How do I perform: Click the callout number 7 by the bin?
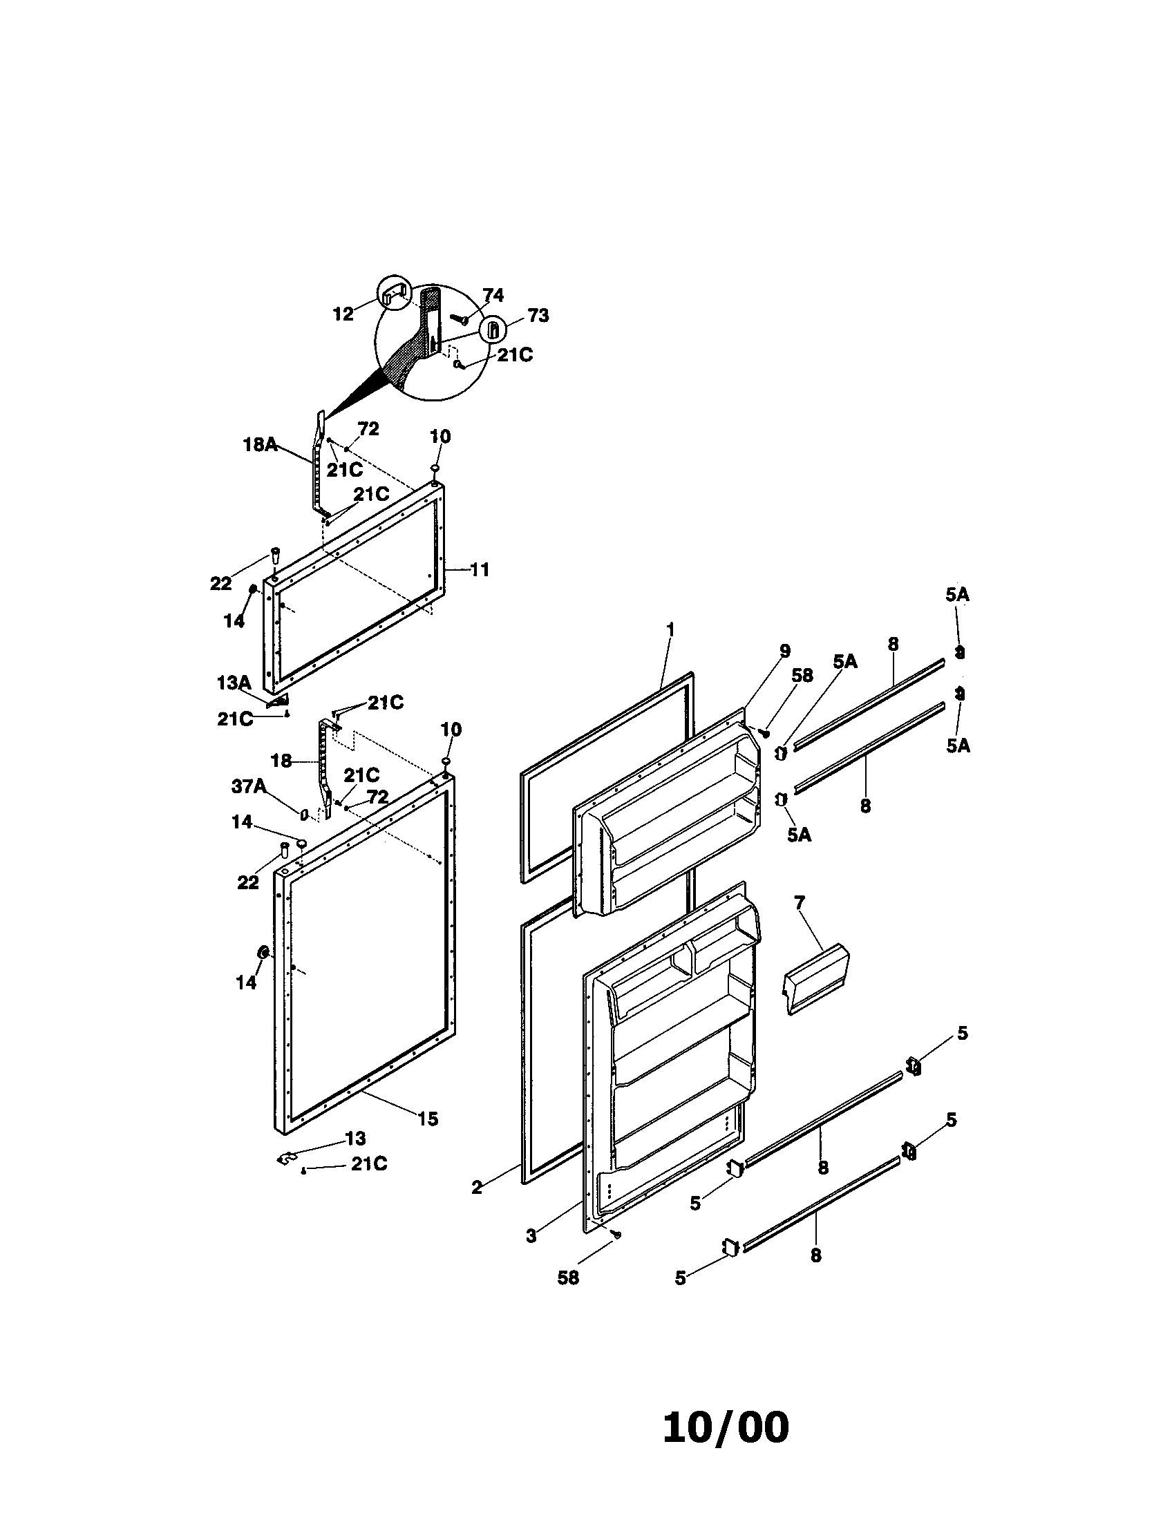click(x=799, y=904)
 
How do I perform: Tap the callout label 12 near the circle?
click(x=343, y=314)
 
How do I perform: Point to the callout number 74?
click(x=493, y=296)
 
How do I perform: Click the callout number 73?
click(x=538, y=316)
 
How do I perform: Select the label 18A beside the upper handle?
click(x=260, y=445)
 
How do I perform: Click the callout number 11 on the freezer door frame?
click(x=480, y=570)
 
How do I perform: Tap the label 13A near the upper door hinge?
click(x=234, y=683)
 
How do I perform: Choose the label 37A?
click(x=249, y=786)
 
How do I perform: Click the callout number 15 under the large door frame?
click(x=428, y=1119)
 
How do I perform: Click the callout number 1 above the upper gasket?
click(x=670, y=629)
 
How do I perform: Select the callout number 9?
click(x=785, y=651)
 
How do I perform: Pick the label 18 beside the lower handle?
click(x=281, y=761)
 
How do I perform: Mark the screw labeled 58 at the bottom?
click(x=616, y=1235)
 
